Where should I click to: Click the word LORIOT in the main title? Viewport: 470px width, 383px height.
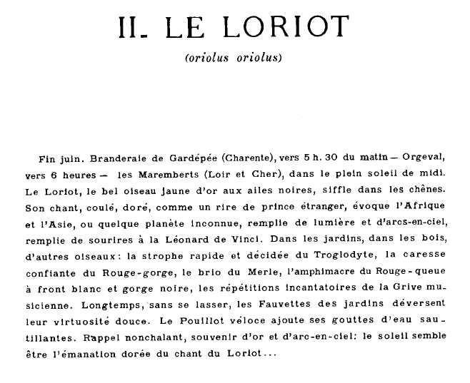point(285,26)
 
